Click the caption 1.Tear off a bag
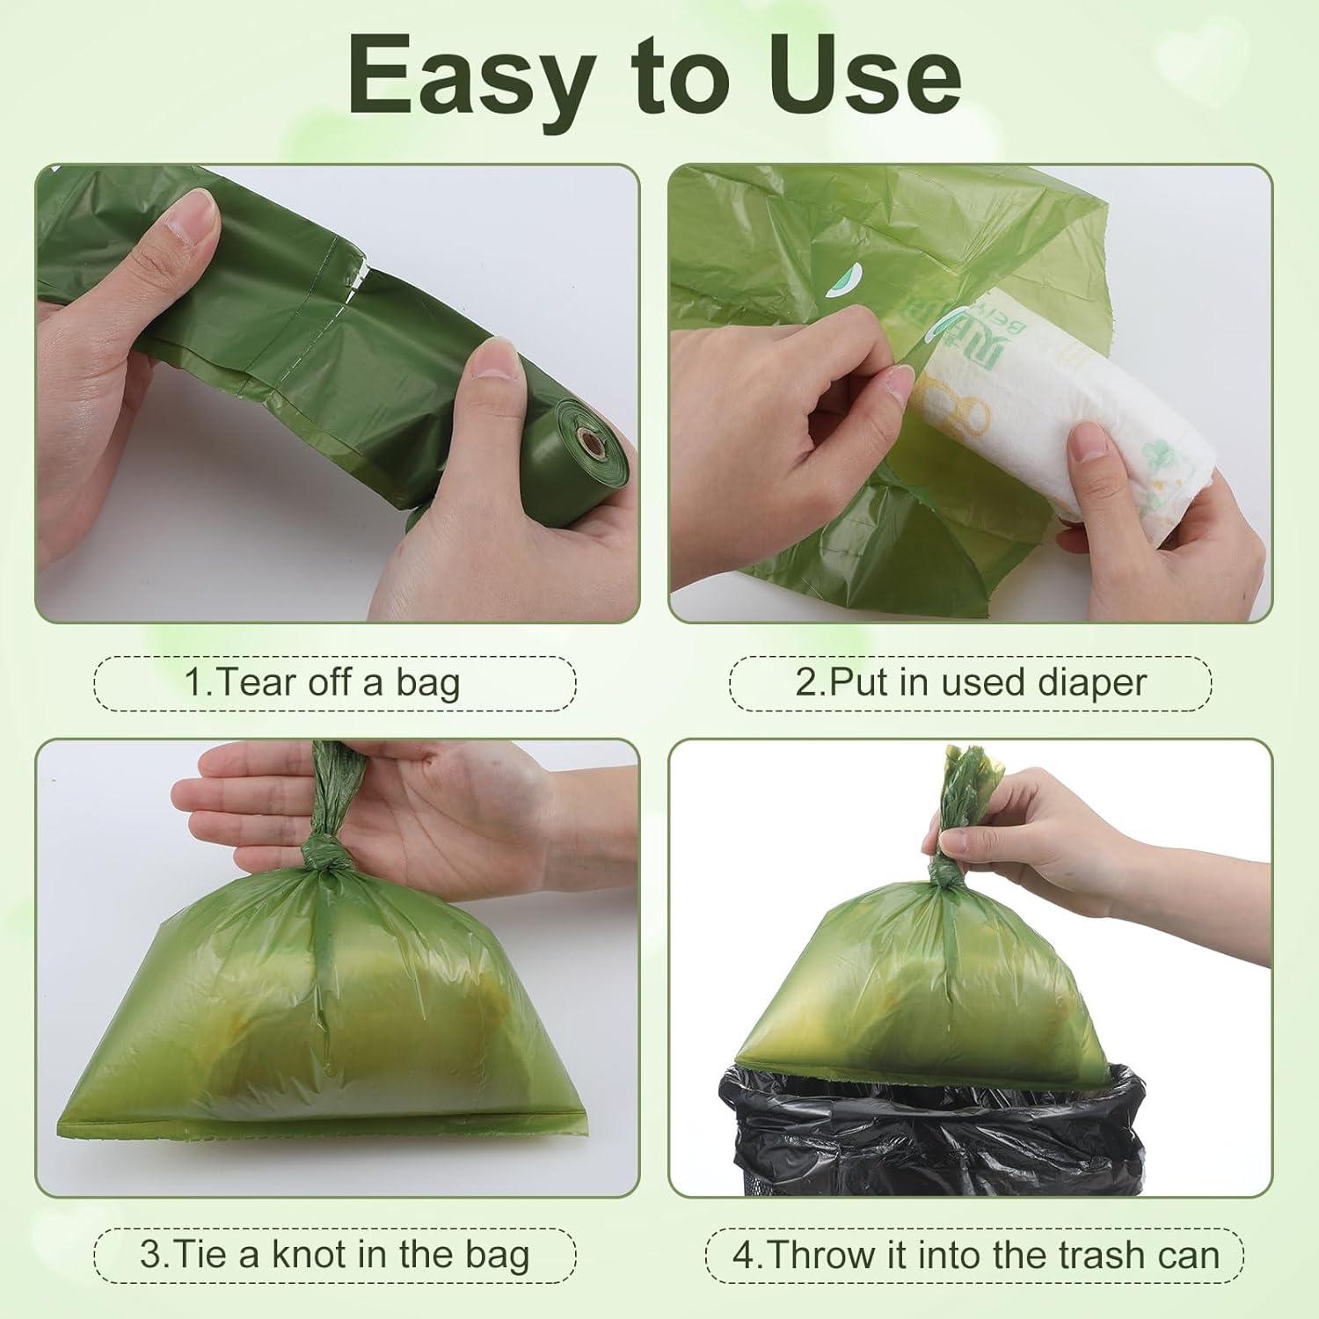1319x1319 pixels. tap(335, 682)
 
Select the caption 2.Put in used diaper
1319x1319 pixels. tap(970, 682)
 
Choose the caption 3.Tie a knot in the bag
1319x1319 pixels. tap(334, 1254)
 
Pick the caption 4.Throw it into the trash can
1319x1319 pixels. tap(975, 1254)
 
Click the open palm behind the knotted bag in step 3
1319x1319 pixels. tap(440, 809)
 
